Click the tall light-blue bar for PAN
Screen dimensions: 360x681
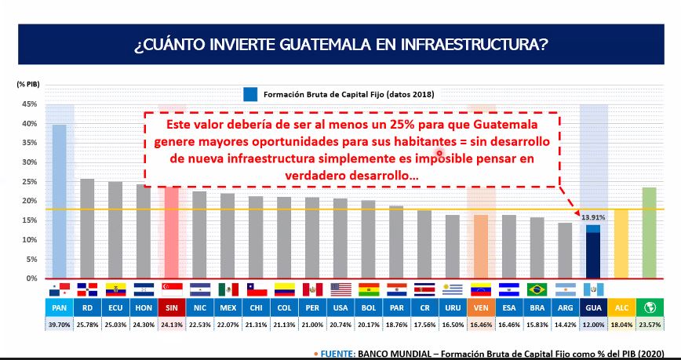[x=60, y=201]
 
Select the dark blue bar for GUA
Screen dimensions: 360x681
[x=592, y=256]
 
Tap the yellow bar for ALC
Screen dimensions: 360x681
[x=621, y=243]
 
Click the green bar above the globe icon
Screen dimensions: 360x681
[x=649, y=232]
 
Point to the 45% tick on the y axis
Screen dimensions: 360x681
[x=29, y=104]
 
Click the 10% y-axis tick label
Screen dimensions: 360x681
[x=29, y=239]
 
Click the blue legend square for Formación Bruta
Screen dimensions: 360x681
[x=250, y=94]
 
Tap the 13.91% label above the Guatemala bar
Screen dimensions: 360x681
[x=592, y=216]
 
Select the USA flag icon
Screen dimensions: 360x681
[x=340, y=289]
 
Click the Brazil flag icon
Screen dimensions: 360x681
[x=537, y=289]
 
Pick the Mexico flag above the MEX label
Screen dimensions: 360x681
[x=228, y=289]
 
